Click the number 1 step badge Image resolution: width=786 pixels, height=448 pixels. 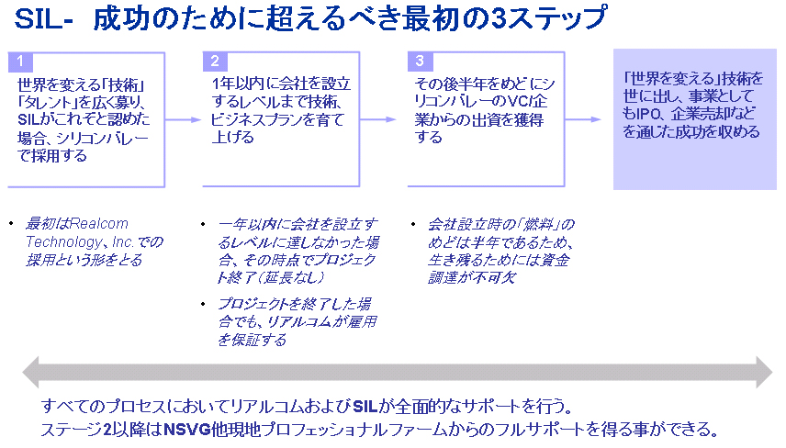pyautogui.click(x=19, y=62)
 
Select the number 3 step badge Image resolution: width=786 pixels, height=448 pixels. pyautogui.click(x=419, y=62)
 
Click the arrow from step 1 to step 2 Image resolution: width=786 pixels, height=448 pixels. pyautogui.click(x=183, y=119)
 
